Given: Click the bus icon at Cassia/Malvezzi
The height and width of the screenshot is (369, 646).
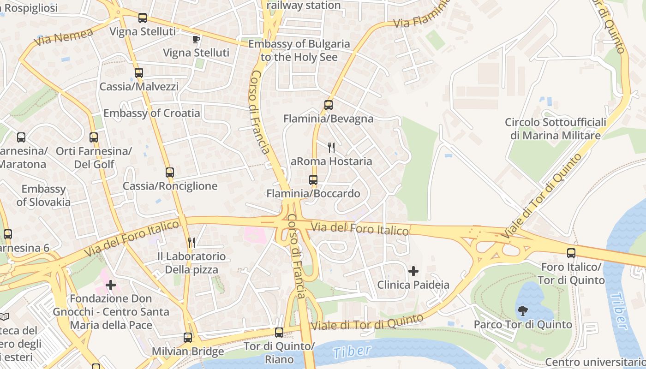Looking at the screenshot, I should point(138,73).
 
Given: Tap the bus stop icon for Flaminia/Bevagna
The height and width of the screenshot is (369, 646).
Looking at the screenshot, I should point(328,105).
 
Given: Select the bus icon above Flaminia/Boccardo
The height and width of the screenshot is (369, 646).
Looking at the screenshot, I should point(313,180).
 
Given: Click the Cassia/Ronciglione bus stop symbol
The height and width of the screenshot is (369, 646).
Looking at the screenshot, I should point(170,173).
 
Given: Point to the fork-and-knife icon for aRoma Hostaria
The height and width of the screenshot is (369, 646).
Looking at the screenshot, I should point(331,148).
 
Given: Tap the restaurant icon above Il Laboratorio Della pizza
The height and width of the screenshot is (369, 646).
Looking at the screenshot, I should point(191,243).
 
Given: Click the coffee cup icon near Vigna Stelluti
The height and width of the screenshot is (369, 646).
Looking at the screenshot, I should point(196,39).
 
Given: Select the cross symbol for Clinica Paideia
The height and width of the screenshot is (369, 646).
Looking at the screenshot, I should point(413,271).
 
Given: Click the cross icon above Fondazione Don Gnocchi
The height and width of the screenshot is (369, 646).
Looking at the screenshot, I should point(111,285).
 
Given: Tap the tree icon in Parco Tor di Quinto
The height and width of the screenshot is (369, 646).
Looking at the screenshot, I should point(523,311).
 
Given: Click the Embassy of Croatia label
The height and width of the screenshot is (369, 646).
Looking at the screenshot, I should point(152,113).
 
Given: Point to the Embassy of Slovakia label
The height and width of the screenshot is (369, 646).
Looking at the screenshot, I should point(43,196).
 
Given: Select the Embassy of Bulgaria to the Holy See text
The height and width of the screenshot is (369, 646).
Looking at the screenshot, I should point(299,51).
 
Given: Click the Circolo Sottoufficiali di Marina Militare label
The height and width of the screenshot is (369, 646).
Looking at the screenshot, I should point(555,129).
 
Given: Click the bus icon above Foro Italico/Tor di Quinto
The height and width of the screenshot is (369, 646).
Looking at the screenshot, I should point(571,253).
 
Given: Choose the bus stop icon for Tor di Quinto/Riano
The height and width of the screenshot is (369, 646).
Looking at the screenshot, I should point(279,333).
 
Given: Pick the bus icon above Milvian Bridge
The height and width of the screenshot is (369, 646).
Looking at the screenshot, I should point(188,337).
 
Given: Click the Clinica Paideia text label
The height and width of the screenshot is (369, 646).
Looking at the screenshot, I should point(413,285).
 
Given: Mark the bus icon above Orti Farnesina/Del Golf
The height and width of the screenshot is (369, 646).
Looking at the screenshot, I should point(94,137).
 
